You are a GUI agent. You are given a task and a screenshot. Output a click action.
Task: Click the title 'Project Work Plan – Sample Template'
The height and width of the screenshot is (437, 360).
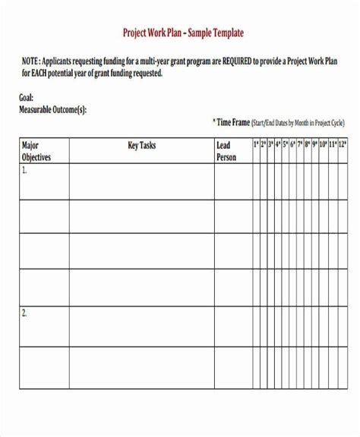(183, 34)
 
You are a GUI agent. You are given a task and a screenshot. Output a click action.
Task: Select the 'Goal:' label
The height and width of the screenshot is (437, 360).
(27, 98)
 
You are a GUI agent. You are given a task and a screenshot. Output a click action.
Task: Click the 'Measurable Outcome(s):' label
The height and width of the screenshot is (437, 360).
(52, 109)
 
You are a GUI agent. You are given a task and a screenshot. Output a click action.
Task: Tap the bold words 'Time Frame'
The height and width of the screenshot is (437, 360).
(234, 121)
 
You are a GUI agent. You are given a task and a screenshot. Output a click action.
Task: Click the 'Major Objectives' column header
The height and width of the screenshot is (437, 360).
(36, 151)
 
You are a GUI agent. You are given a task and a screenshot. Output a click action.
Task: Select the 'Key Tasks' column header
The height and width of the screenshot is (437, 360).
(141, 145)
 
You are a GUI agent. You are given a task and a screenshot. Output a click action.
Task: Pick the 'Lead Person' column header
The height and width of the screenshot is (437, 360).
(226, 151)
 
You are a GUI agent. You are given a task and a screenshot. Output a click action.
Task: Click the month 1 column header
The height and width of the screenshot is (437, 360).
(256, 144)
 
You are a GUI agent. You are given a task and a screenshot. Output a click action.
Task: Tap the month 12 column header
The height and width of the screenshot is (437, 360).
(343, 144)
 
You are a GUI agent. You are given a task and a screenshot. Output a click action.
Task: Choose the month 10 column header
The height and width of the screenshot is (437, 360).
(322, 144)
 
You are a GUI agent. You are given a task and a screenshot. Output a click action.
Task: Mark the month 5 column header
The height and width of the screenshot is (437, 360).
(286, 144)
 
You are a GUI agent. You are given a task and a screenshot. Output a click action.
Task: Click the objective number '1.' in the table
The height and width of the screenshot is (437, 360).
(24, 171)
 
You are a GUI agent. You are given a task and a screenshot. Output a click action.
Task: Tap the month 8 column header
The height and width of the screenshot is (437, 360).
(308, 144)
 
